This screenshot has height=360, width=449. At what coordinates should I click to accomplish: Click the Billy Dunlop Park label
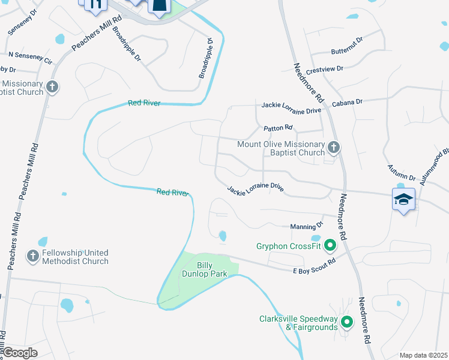pos(204,269)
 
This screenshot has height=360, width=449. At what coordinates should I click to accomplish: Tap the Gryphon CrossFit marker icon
pos(330,245)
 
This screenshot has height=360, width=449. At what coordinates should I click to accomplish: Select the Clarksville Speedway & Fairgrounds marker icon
pos(346,323)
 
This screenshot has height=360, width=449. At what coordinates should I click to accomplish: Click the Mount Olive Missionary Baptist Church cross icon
pos(334,147)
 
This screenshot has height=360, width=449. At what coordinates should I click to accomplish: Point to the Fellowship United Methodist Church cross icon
pos(33,256)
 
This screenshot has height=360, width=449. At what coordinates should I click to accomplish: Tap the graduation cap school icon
pos(404,199)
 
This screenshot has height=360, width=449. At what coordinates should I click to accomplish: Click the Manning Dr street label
pos(307,226)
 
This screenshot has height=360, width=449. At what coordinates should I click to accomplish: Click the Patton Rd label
pos(278,128)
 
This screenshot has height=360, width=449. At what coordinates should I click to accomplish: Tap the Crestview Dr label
pos(324,69)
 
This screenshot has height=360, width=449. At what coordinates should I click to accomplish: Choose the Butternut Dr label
pos(346,40)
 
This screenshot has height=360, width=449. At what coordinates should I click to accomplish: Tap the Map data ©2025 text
pos(423,355)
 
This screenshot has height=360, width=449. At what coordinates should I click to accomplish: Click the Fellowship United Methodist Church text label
pos(75,257)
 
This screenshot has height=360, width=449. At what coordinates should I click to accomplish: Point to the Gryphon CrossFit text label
pos(288,246)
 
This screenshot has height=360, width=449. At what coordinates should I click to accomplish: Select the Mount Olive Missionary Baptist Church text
pos(280,148)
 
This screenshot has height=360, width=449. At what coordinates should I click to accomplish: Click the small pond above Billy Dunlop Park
pos(223,236)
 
